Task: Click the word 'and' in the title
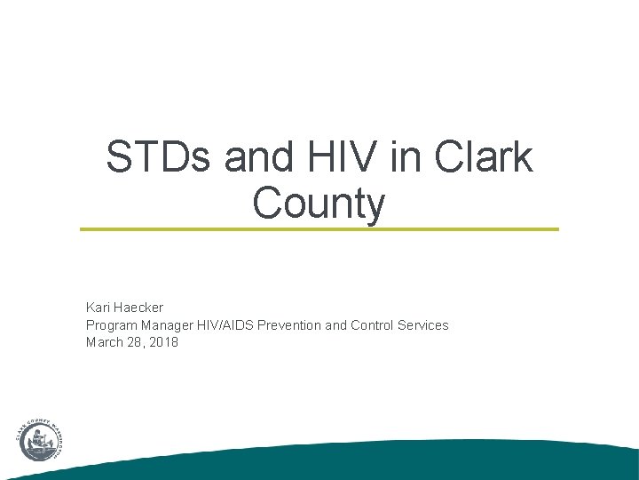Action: point(251,158)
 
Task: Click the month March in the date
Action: point(104,342)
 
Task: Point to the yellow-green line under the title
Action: point(319,229)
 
